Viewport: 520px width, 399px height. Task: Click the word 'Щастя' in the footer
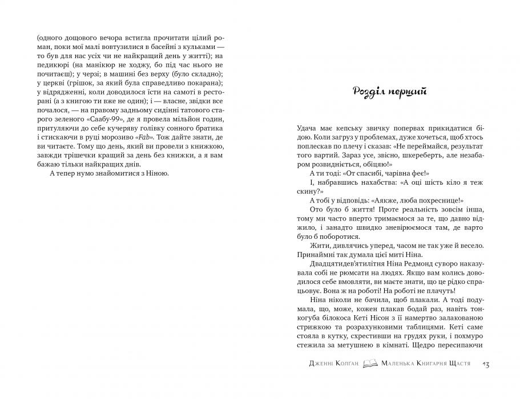pyautogui.click(x=460, y=363)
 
